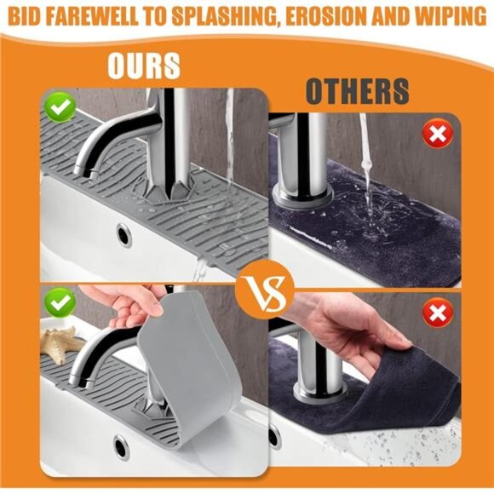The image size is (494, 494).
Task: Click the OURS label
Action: [x=144, y=65]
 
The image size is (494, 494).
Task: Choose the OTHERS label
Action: [x=357, y=91]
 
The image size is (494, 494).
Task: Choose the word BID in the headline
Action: [x=26, y=18]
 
